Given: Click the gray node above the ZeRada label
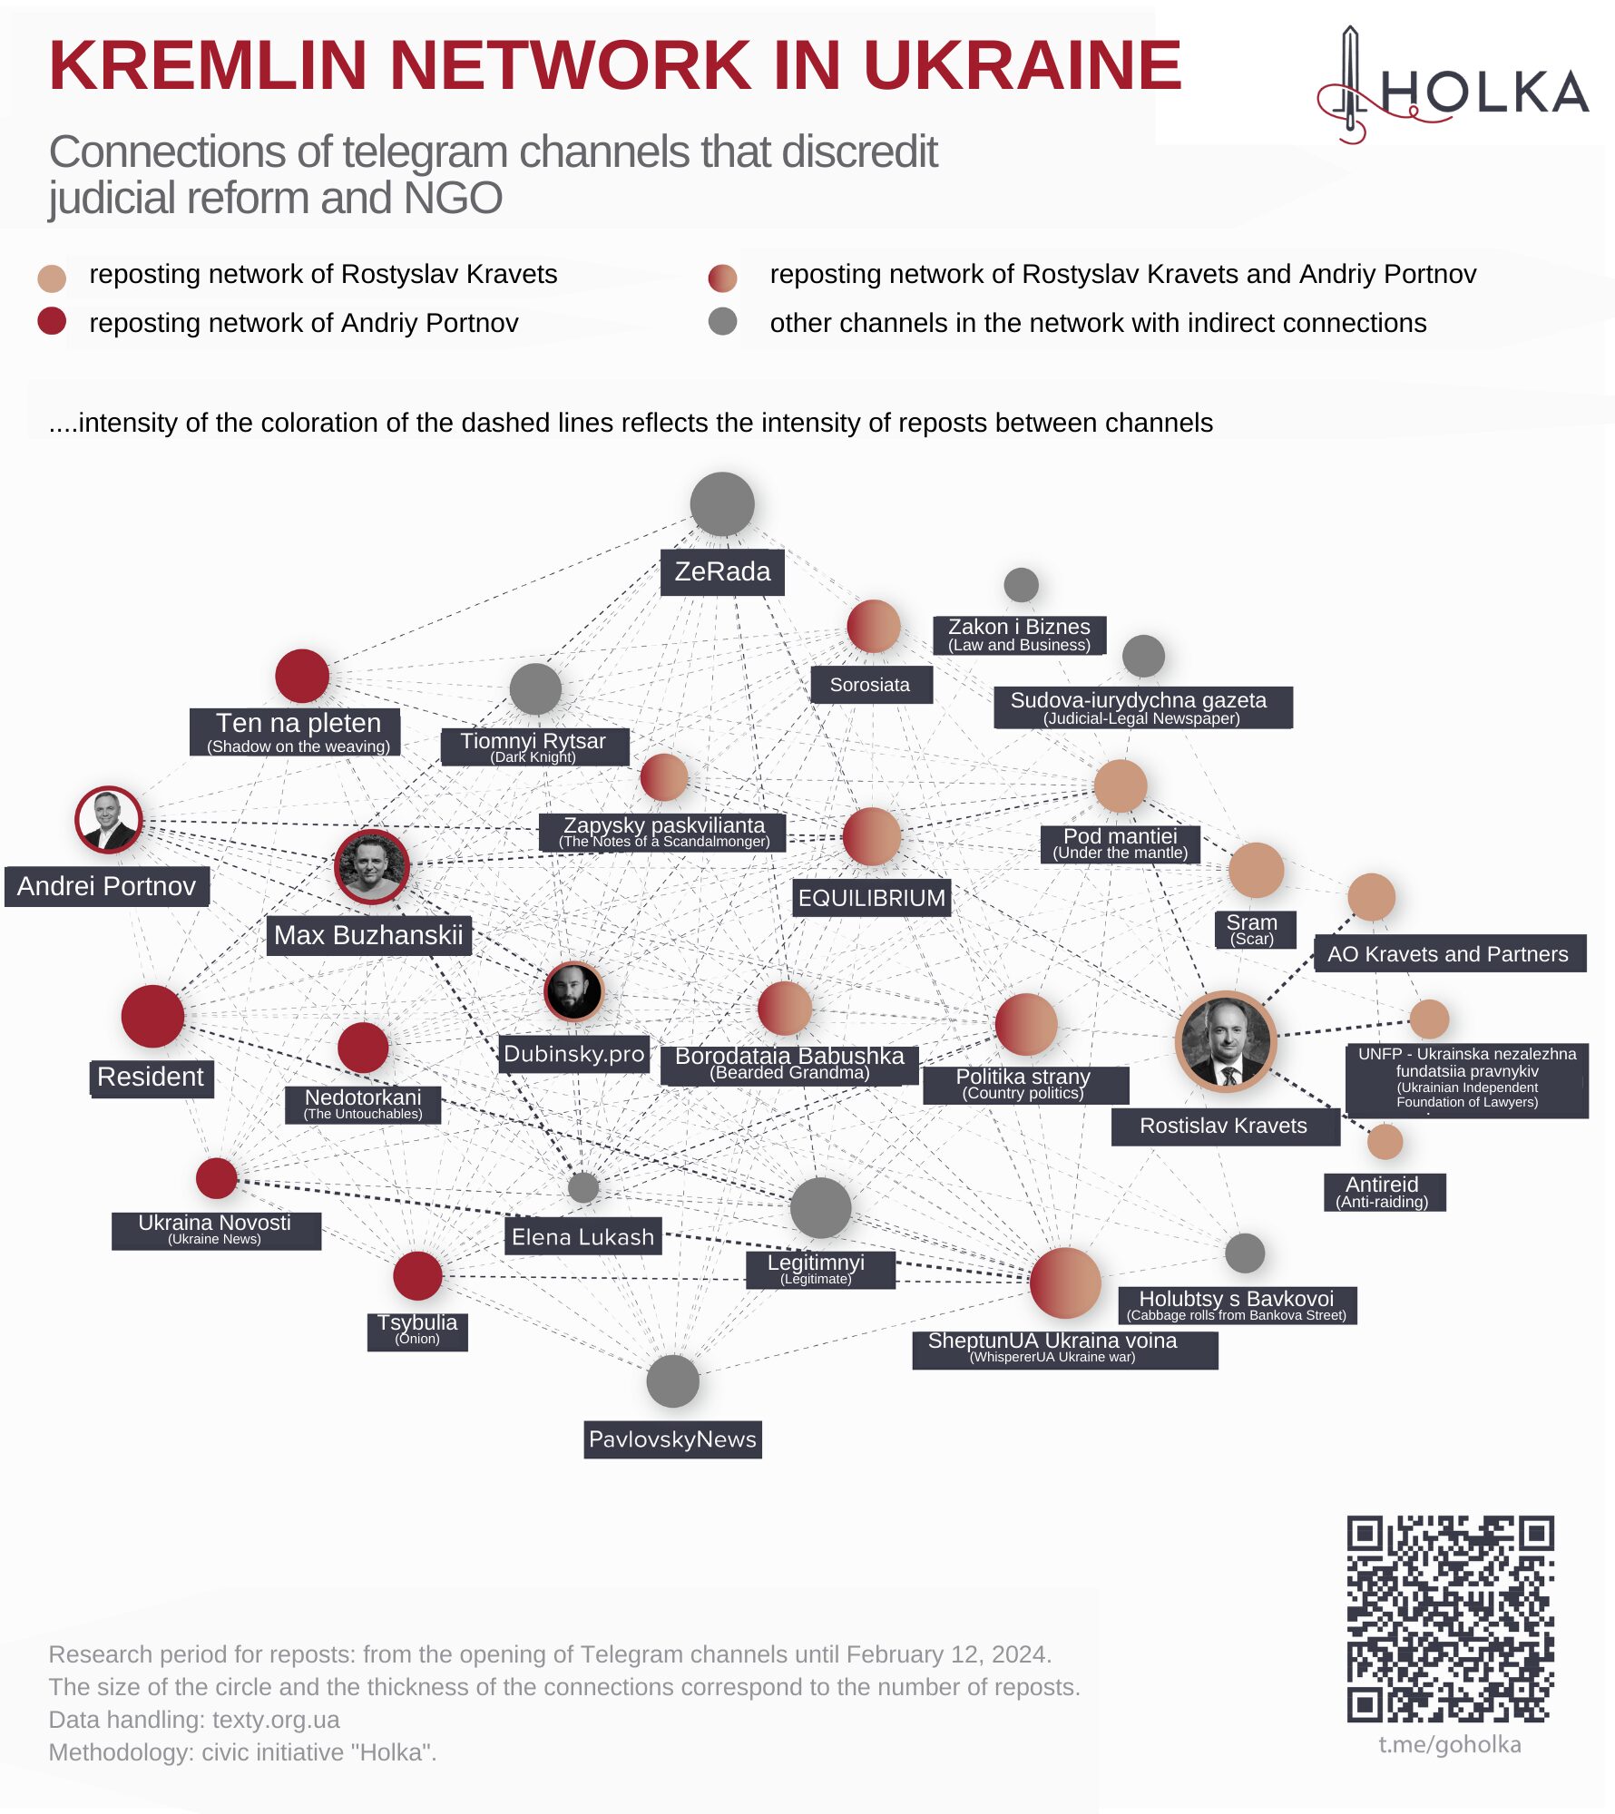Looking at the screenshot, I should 721,504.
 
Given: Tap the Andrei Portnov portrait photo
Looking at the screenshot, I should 108,820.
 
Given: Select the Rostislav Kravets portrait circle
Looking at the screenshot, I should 1226,1041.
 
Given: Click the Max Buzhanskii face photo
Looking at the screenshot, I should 371,866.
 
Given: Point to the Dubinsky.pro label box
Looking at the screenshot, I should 573,1054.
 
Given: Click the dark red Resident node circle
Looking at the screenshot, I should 152,1016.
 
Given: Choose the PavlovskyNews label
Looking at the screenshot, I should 672,1439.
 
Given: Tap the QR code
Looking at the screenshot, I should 1450,1619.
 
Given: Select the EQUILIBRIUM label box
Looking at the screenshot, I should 871,898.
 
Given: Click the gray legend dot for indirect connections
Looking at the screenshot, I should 722,321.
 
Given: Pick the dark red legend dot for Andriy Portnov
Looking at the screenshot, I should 52,321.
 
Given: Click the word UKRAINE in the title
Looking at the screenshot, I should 1022,65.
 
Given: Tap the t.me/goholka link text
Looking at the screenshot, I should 1449,1744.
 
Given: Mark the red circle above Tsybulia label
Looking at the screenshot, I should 417,1275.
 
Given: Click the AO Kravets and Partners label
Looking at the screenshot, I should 1448,954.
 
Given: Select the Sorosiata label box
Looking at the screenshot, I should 869,685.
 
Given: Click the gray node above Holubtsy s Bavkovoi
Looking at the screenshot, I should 1245,1253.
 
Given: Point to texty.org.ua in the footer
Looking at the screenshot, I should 276,1720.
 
